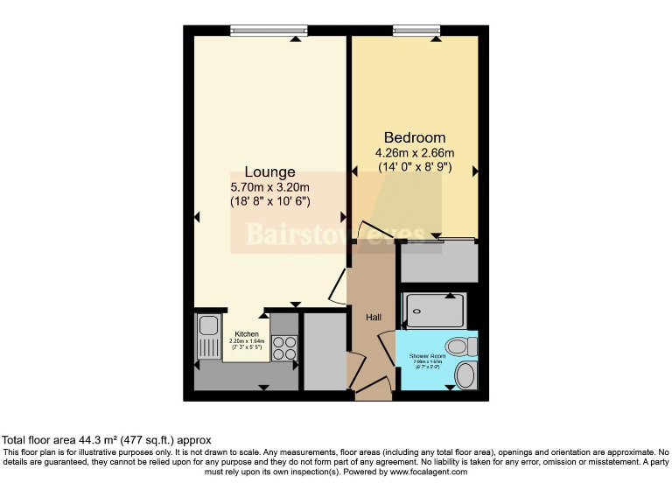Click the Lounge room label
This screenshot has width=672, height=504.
(x=269, y=171)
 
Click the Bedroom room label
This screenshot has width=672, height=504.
(x=415, y=137)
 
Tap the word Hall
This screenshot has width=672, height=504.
(x=373, y=318)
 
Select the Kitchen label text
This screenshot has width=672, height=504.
(x=246, y=334)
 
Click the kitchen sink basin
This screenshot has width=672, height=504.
(x=210, y=326)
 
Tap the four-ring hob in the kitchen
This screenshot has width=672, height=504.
(x=284, y=348)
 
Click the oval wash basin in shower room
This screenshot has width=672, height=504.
(x=467, y=375)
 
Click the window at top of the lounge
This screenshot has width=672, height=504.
(x=268, y=31)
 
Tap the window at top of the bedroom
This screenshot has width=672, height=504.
(x=416, y=31)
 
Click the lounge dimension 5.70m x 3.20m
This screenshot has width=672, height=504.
(x=269, y=187)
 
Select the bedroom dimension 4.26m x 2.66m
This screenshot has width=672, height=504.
(x=416, y=153)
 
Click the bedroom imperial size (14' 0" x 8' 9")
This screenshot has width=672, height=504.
(x=415, y=166)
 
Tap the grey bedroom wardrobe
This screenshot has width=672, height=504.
(x=438, y=262)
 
